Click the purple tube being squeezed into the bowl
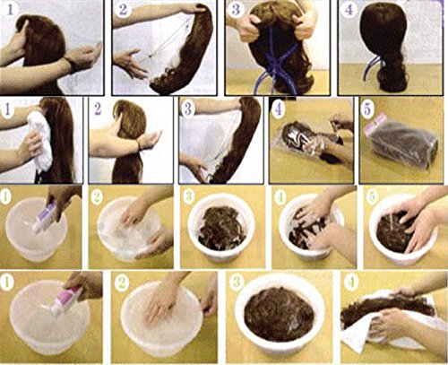click(43, 217)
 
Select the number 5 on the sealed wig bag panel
click(367, 109)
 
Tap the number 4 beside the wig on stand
click(349, 10)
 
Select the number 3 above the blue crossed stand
click(236, 9)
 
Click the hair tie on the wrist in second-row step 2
click(138, 143)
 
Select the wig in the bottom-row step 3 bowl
click(279, 317)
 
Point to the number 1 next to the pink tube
click(6, 282)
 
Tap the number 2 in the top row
click(123, 9)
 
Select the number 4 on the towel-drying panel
click(351, 282)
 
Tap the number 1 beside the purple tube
click(6, 196)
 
